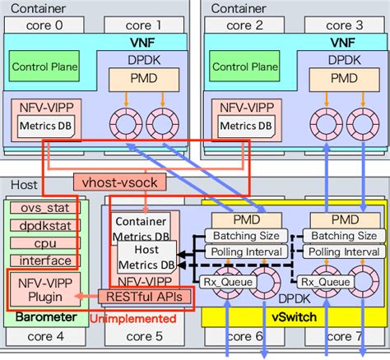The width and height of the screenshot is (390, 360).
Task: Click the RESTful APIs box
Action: [x=145, y=296]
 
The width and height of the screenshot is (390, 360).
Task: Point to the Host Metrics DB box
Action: [x=146, y=260]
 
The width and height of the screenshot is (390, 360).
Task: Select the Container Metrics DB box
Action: [x=142, y=228]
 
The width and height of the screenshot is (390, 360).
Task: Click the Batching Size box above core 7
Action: [x=339, y=236]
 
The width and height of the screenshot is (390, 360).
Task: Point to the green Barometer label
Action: [x=41, y=316]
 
